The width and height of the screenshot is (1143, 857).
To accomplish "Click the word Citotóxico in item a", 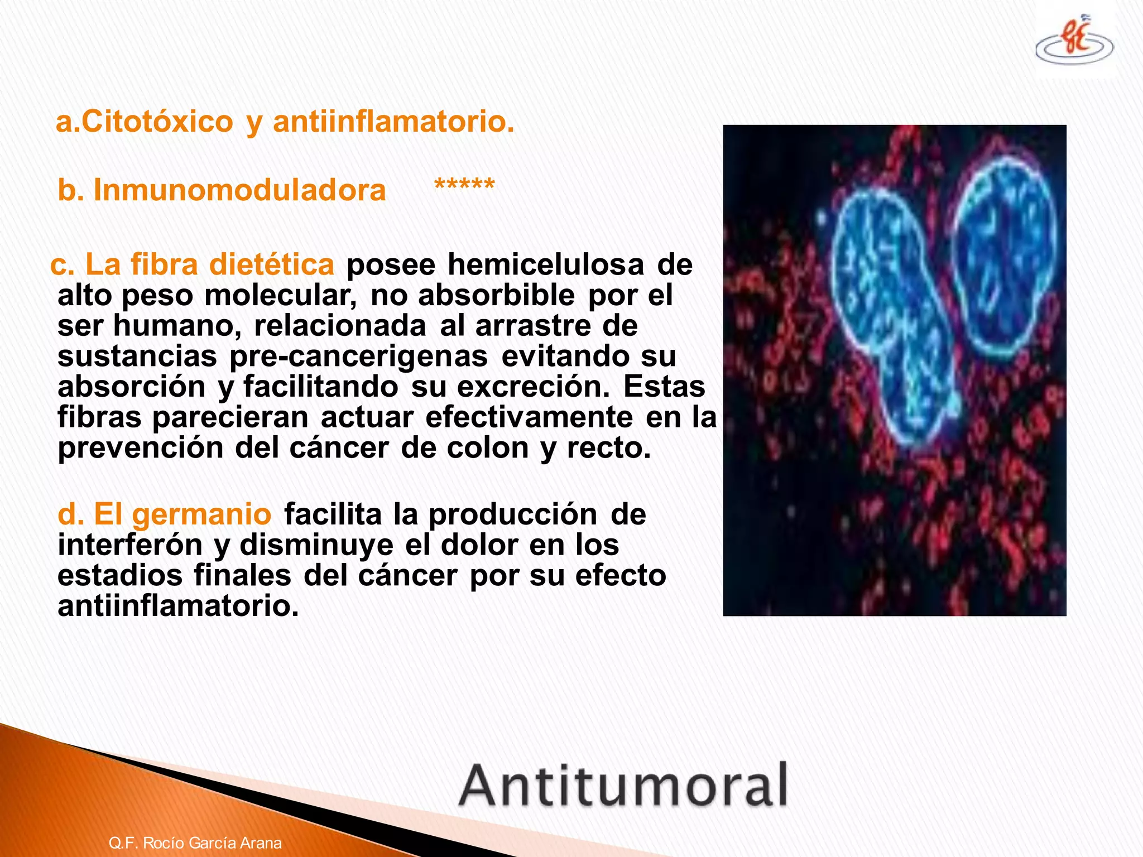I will pos(157,122).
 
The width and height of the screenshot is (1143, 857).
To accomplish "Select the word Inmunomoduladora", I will pos(239,190).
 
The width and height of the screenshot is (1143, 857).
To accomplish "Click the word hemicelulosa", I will pos(546,264).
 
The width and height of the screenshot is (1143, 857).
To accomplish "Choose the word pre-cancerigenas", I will pos(358,356).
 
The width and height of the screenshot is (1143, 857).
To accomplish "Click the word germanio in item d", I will pos(201,514).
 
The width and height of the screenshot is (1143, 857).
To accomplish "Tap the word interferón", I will pos(130,545).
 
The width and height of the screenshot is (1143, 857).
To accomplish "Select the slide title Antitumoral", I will pos(623,786).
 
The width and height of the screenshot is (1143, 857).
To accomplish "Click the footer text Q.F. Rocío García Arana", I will pos(195,842).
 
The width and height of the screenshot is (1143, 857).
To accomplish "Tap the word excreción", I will pos(533,387).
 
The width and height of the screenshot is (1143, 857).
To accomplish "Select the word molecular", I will pos(280,295).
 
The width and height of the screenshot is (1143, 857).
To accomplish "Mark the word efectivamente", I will pos(529,417).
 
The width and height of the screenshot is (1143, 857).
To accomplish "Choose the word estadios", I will pos(120,575).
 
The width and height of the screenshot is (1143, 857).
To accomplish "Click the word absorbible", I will pos(496,295).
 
